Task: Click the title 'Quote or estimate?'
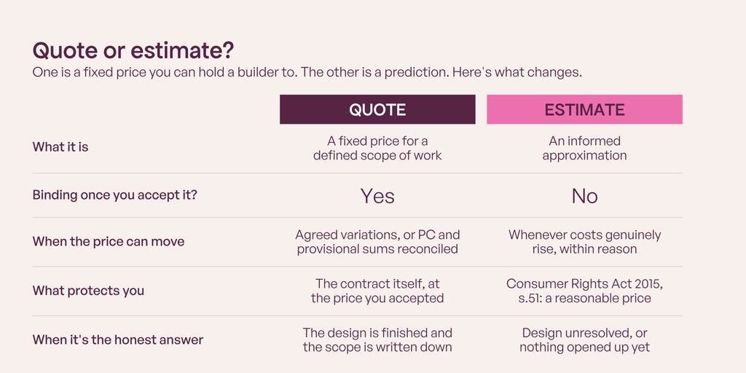click(133, 51)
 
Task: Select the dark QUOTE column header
click(377, 109)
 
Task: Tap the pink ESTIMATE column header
click(584, 109)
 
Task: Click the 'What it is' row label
click(60, 147)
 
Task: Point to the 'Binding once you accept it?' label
click(114, 195)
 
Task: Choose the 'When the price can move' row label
click(109, 241)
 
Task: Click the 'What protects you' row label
click(88, 291)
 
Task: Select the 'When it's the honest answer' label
click(118, 339)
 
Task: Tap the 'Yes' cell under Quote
click(377, 196)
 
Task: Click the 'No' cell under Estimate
click(585, 196)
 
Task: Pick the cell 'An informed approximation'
click(585, 148)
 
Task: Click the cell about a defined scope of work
click(377, 148)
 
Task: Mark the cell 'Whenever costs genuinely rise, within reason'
click(585, 242)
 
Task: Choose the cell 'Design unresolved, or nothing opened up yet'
click(585, 340)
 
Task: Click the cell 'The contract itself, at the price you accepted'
click(377, 291)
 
